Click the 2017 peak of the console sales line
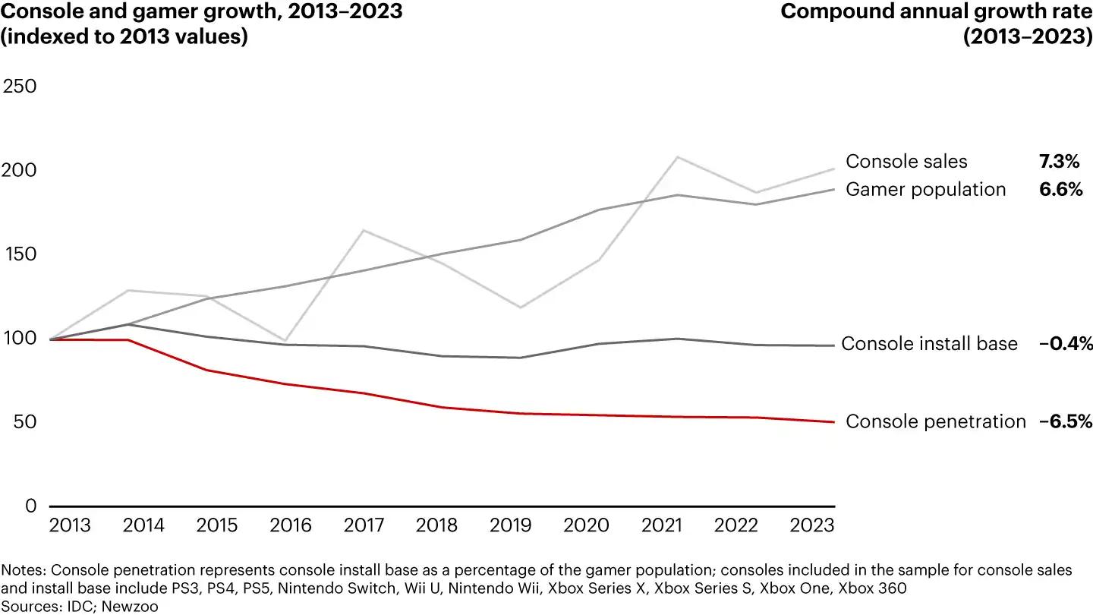364,230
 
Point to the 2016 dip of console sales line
285,340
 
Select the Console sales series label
906,162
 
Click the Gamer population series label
925,189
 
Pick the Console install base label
929,344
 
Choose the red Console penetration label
935,421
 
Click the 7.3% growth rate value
1059,162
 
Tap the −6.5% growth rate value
1065,421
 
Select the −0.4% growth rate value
1065,344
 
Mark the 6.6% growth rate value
1060,189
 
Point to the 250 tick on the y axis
20,86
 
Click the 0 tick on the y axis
30,506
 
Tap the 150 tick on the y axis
20,254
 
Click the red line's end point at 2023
834,422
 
